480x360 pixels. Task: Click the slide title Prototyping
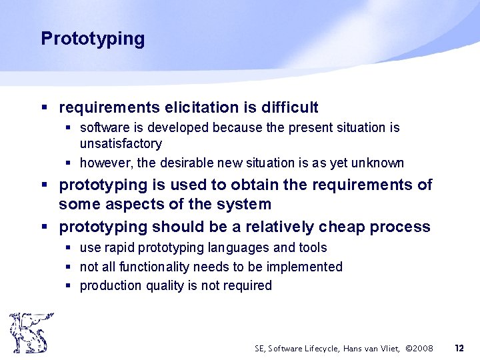click(x=93, y=39)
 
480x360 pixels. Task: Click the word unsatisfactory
click(x=121, y=144)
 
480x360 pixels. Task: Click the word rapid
click(x=117, y=248)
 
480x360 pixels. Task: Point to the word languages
click(x=239, y=248)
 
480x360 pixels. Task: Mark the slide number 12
click(x=459, y=348)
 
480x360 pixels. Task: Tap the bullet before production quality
click(x=69, y=286)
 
